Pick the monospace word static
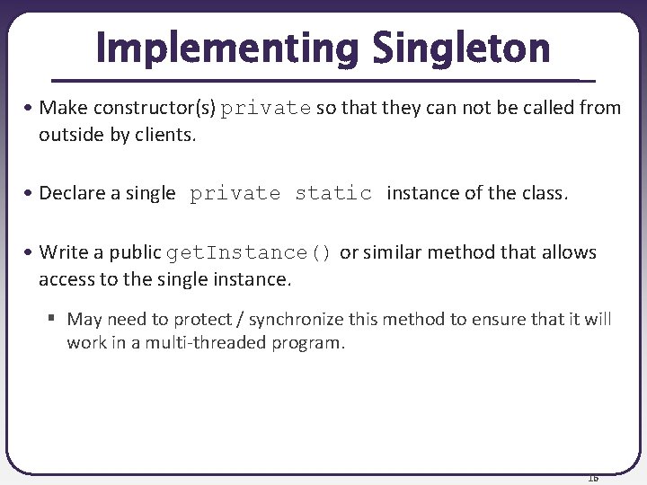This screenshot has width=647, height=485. coord(333,194)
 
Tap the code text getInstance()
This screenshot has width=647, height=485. coord(251,253)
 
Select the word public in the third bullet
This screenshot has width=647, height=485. coord(135,253)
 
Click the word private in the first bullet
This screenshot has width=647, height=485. coord(267,109)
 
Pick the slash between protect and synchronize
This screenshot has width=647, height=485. coord(243,319)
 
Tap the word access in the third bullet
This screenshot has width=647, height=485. coord(66,279)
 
